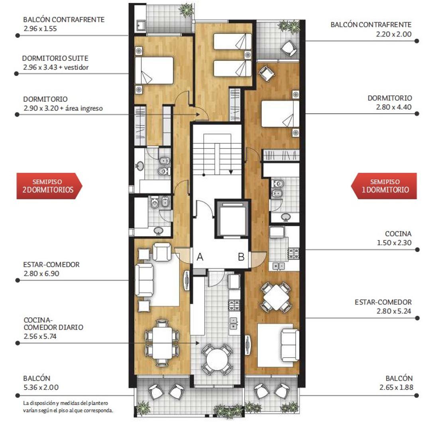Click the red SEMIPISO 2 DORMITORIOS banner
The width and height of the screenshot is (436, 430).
click(x=49, y=186)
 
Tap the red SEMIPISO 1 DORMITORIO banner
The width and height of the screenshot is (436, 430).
click(x=384, y=186)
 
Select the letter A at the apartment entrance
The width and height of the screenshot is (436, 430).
click(x=200, y=257)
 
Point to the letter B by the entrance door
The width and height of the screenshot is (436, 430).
click(x=241, y=257)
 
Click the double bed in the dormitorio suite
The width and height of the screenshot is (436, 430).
click(x=154, y=70)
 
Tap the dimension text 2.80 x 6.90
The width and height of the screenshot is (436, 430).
click(x=41, y=274)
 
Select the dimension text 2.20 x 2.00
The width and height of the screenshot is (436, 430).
click(x=394, y=34)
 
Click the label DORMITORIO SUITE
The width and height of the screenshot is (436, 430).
click(x=55, y=59)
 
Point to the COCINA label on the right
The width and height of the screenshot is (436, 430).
click(x=398, y=234)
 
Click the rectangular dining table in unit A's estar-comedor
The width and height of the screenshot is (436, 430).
click(x=162, y=343)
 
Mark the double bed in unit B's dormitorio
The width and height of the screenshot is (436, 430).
click(x=280, y=113)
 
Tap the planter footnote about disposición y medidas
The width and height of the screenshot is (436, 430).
click(x=68, y=407)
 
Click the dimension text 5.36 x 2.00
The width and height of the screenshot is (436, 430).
click(x=41, y=387)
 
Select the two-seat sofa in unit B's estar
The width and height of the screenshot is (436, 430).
click(x=290, y=345)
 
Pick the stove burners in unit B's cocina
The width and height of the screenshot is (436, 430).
click(x=293, y=254)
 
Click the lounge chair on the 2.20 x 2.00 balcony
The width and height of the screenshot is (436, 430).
click(x=289, y=49)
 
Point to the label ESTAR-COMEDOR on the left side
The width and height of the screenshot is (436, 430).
click(x=51, y=265)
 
